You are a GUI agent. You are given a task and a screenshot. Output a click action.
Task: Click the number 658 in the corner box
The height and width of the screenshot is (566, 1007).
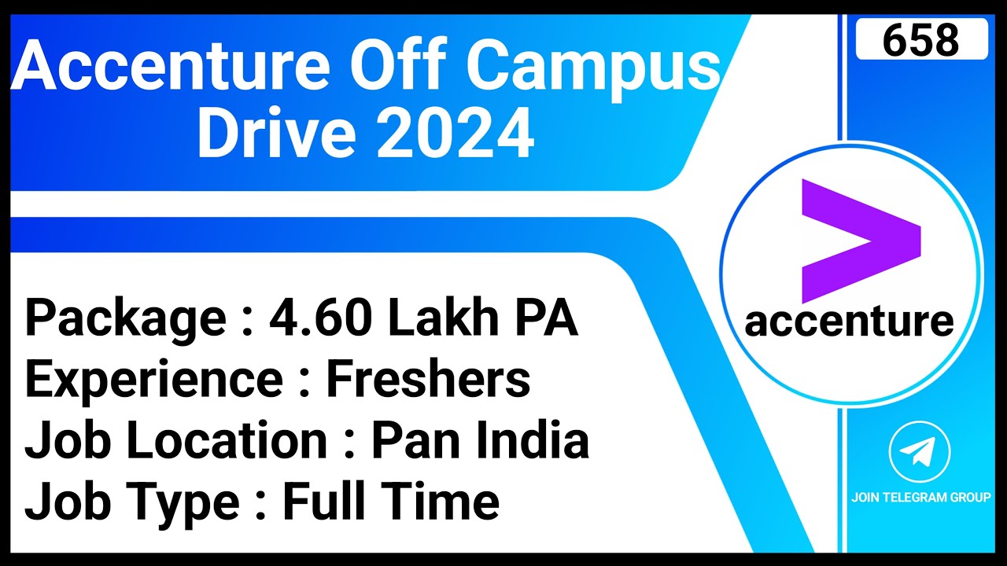920,39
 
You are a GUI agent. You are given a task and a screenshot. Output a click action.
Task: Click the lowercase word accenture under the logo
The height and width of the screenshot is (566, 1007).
849,322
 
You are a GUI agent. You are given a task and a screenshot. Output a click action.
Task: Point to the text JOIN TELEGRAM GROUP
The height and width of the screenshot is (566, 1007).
920,497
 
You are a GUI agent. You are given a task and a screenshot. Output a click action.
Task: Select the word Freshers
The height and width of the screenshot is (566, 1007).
428,380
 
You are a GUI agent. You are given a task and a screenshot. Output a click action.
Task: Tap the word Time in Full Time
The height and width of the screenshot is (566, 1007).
452,502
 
